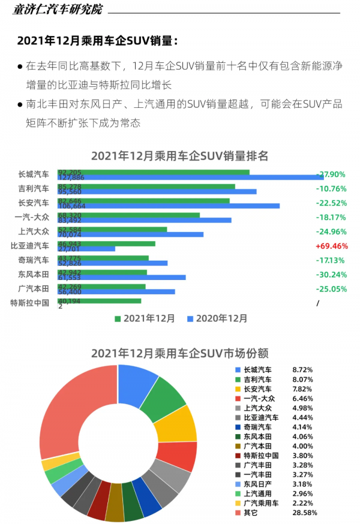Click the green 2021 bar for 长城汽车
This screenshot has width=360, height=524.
(154, 172)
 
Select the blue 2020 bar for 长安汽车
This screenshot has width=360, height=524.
(169, 206)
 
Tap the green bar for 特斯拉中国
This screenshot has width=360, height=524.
(100, 301)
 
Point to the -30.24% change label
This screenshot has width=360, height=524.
(331, 275)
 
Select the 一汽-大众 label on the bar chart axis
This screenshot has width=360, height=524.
(34, 217)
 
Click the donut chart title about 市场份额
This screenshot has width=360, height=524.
(179, 353)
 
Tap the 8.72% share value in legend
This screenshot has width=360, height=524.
(302, 370)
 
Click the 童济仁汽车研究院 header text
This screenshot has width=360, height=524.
(58, 10)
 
